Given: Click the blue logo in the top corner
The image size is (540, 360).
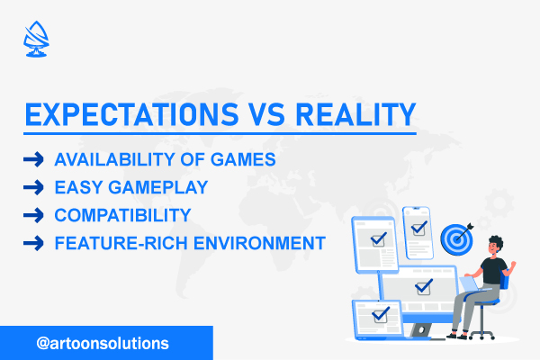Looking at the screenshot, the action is [36, 39].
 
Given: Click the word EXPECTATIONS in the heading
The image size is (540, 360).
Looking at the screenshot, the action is [132, 114].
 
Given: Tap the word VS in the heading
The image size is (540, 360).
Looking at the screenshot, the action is [267, 114].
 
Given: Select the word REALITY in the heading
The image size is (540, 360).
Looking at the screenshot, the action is [356, 114].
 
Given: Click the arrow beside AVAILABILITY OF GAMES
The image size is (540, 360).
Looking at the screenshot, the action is [33, 159].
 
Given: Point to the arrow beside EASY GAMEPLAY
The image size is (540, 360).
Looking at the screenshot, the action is [33, 187].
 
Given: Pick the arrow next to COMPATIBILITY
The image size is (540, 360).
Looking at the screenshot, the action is [33, 215].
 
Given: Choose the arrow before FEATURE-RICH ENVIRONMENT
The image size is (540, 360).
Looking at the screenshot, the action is [33, 243].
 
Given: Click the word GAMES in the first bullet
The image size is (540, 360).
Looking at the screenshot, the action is [243, 159].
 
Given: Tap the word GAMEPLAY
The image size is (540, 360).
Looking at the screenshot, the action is [158, 187].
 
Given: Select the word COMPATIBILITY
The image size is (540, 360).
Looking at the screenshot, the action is [122, 215].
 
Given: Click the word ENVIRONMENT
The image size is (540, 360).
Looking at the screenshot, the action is [260, 243].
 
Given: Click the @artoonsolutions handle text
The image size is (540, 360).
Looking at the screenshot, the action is [103, 344].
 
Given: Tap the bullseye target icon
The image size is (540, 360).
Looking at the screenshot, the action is [457, 238].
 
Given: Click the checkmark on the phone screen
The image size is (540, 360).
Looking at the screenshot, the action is [419, 228].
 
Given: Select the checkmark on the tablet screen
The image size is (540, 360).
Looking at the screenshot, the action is [379, 239].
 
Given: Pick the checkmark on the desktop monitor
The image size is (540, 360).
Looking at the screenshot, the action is [424, 286].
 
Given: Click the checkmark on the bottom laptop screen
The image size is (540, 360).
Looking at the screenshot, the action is [381, 314].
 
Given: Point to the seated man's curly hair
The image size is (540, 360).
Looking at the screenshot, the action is [497, 241].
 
